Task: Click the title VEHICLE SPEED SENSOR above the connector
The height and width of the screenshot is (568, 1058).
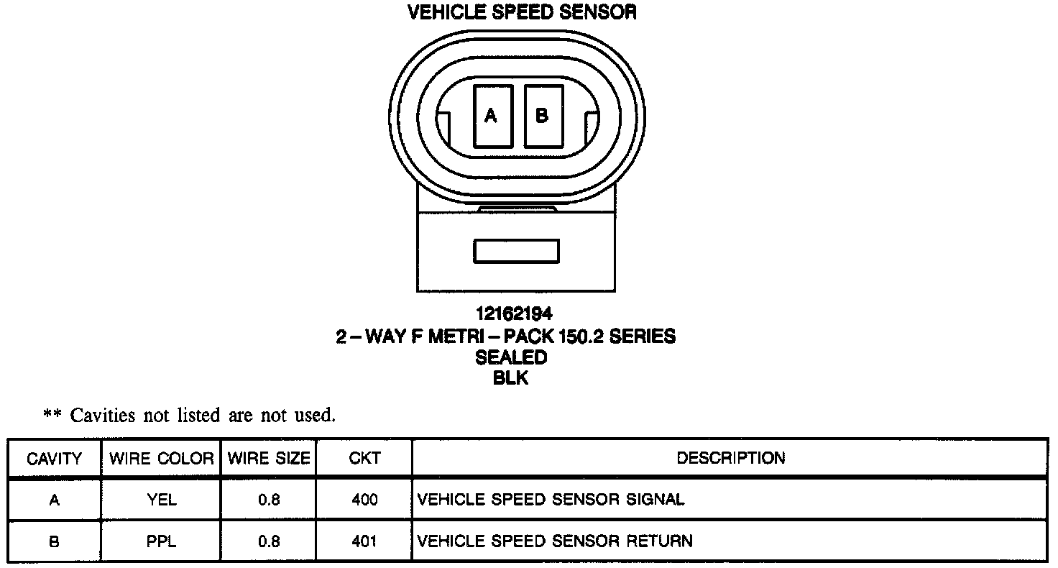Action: [x=522, y=12]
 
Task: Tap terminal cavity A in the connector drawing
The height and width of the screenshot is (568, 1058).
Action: [x=492, y=116]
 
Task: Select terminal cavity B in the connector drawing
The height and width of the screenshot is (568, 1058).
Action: [x=543, y=116]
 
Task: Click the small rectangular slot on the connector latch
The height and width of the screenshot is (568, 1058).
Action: [x=516, y=251]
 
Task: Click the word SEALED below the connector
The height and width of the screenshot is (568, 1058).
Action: [x=511, y=357]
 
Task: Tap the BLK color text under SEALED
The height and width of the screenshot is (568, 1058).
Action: [x=511, y=379]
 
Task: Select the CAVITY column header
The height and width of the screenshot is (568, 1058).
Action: [x=54, y=458]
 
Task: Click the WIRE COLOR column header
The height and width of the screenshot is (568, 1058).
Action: [x=162, y=458]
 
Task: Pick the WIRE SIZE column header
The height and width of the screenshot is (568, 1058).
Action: [x=269, y=458]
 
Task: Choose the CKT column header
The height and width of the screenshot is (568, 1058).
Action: [x=364, y=458]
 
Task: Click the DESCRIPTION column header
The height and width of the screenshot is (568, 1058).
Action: [x=730, y=458]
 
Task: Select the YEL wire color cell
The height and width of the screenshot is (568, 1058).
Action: [x=162, y=500]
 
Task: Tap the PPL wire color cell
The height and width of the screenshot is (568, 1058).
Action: [x=162, y=541]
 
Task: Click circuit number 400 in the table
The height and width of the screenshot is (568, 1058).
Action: [x=364, y=500]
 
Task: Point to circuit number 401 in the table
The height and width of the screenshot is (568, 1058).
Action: [x=364, y=541]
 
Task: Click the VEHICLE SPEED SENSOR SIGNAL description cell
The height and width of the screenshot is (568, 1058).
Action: [x=551, y=500]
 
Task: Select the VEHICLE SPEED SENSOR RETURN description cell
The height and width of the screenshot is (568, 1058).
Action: [x=555, y=541]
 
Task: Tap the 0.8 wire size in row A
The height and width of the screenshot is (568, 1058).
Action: [x=269, y=500]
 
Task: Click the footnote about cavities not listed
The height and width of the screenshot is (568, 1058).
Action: [x=190, y=415]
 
